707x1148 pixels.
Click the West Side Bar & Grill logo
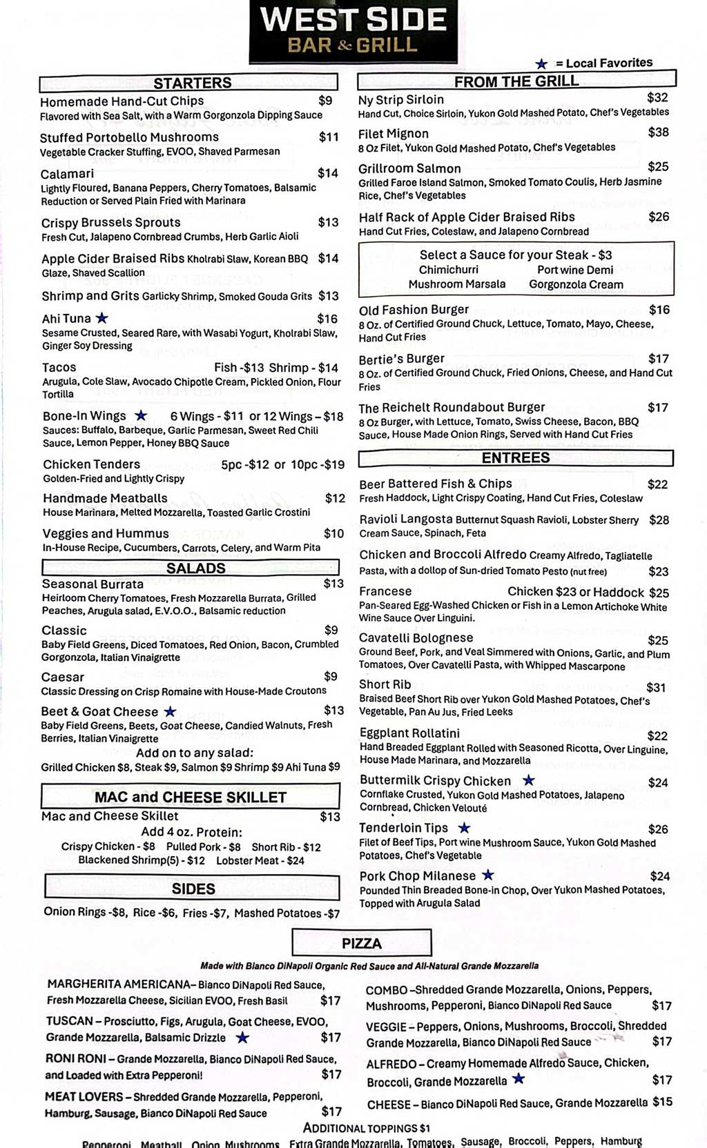pyautogui.click(x=353, y=30)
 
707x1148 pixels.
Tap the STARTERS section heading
pyautogui.click(x=192, y=83)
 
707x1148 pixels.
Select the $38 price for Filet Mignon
pyautogui.click(x=658, y=132)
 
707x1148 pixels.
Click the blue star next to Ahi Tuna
pyautogui.click(x=101, y=318)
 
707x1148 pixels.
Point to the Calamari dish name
pyautogui.click(x=67, y=174)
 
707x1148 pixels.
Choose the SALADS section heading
pyautogui.click(x=195, y=568)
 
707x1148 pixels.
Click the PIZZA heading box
pyautogui.click(x=362, y=943)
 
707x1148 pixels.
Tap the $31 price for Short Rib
pyautogui.click(x=656, y=687)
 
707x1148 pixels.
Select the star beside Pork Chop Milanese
pyautogui.click(x=488, y=875)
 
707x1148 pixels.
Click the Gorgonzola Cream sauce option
pyautogui.click(x=576, y=284)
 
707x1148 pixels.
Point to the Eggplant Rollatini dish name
pyautogui.click(x=409, y=733)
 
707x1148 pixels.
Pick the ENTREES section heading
pyautogui.click(x=516, y=458)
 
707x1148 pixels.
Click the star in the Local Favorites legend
pyautogui.click(x=541, y=63)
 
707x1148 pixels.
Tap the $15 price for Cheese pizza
pyautogui.click(x=662, y=1102)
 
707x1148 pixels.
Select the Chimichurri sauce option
pyautogui.click(x=448, y=270)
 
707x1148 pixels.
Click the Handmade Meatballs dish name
pyautogui.click(x=105, y=498)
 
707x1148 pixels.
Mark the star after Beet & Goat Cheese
pyautogui.click(x=170, y=711)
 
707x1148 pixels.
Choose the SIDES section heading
pyautogui.click(x=193, y=889)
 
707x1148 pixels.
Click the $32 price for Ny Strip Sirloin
pyautogui.click(x=657, y=98)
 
